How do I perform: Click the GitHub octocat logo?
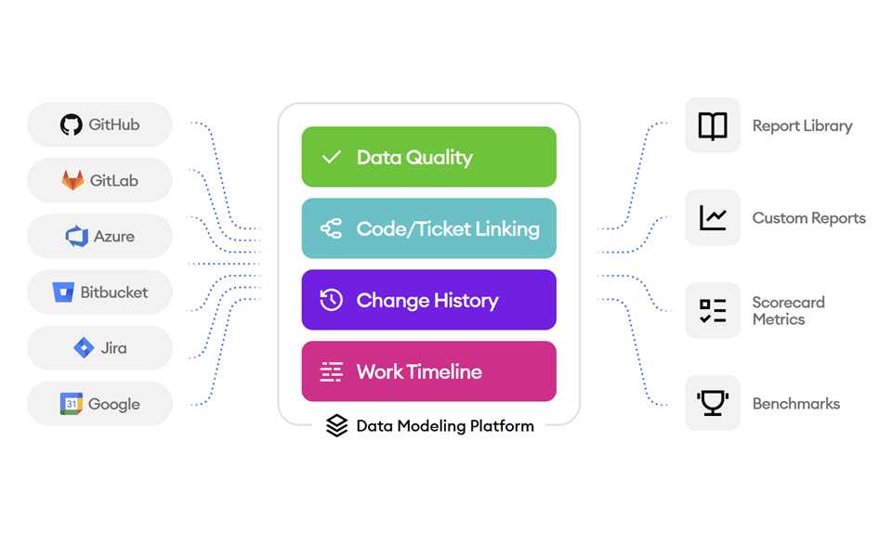[71, 125]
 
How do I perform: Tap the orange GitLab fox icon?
[72, 181]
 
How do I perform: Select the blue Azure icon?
[76, 237]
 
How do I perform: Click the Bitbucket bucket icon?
[63, 292]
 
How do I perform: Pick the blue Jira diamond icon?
[84, 348]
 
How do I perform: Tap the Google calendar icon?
[72, 404]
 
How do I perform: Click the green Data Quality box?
[428, 157]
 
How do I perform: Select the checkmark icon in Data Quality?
[331, 158]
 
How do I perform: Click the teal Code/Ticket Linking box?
[428, 228]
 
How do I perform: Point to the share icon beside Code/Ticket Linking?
[331, 229]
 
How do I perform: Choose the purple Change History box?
[428, 300]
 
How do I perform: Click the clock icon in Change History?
[331, 300]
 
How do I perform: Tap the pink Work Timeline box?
[428, 371]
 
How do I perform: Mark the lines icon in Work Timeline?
[331, 372]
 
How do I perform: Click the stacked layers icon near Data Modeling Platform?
[336, 426]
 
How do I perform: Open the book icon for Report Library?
[713, 125]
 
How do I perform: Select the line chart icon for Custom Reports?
[713, 218]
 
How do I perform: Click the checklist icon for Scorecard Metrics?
[713, 311]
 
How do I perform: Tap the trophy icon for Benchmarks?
[713, 403]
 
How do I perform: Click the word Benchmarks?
[795, 404]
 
